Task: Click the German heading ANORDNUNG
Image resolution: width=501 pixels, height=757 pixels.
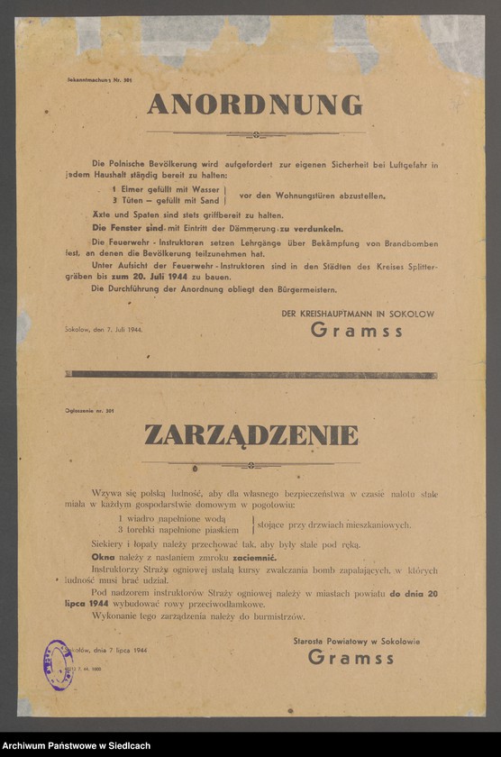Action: (x=255, y=105)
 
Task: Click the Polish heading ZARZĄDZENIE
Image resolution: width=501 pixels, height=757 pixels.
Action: (x=251, y=436)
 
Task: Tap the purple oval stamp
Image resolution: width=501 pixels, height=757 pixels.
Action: (x=59, y=664)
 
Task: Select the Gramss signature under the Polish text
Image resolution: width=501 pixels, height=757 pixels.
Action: (x=351, y=658)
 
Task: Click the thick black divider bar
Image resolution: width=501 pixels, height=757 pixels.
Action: (x=250, y=375)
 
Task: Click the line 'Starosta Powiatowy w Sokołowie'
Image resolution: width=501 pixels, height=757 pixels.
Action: (x=356, y=642)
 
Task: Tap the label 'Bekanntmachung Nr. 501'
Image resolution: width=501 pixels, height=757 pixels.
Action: (x=99, y=81)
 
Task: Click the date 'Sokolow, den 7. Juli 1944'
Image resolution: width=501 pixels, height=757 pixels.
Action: (x=104, y=330)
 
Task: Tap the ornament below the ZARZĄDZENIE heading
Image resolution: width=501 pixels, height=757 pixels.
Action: (x=251, y=466)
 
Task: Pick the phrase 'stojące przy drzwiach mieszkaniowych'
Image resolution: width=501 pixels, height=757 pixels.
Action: (x=334, y=524)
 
